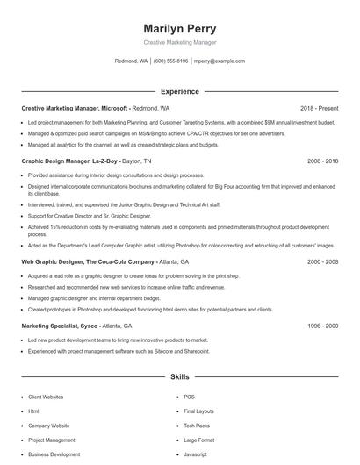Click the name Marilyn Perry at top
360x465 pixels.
pyautogui.click(x=180, y=28)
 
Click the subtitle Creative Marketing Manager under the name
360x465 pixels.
pyautogui.click(x=180, y=42)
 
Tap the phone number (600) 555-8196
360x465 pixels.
pyautogui.click(x=171, y=61)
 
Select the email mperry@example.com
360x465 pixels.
pyautogui.click(x=220, y=61)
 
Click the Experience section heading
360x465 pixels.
pyautogui.click(x=180, y=91)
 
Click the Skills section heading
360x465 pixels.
pyautogui.click(x=180, y=377)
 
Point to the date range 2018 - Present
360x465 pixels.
pyautogui.click(x=319, y=108)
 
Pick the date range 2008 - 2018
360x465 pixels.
pyautogui.click(x=322, y=161)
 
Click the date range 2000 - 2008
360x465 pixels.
pyautogui.click(x=322, y=261)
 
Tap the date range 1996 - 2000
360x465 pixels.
pyautogui.click(x=322, y=325)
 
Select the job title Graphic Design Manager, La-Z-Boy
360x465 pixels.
pyautogui.click(x=69, y=161)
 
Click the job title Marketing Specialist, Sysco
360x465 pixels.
pyautogui.click(x=58, y=325)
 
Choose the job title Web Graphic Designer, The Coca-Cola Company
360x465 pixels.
pyautogui.click(x=88, y=261)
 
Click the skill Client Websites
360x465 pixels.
pyautogui.click(x=46, y=397)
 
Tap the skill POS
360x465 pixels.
pyautogui.click(x=189, y=397)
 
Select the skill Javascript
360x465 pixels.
pyautogui.click(x=195, y=454)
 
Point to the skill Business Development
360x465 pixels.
pyautogui.click(x=54, y=454)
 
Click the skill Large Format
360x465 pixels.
pyautogui.click(x=198, y=440)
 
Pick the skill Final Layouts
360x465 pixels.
pyautogui.click(x=198, y=411)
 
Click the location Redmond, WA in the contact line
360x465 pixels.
pyautogui.click(x=131, y=61)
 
